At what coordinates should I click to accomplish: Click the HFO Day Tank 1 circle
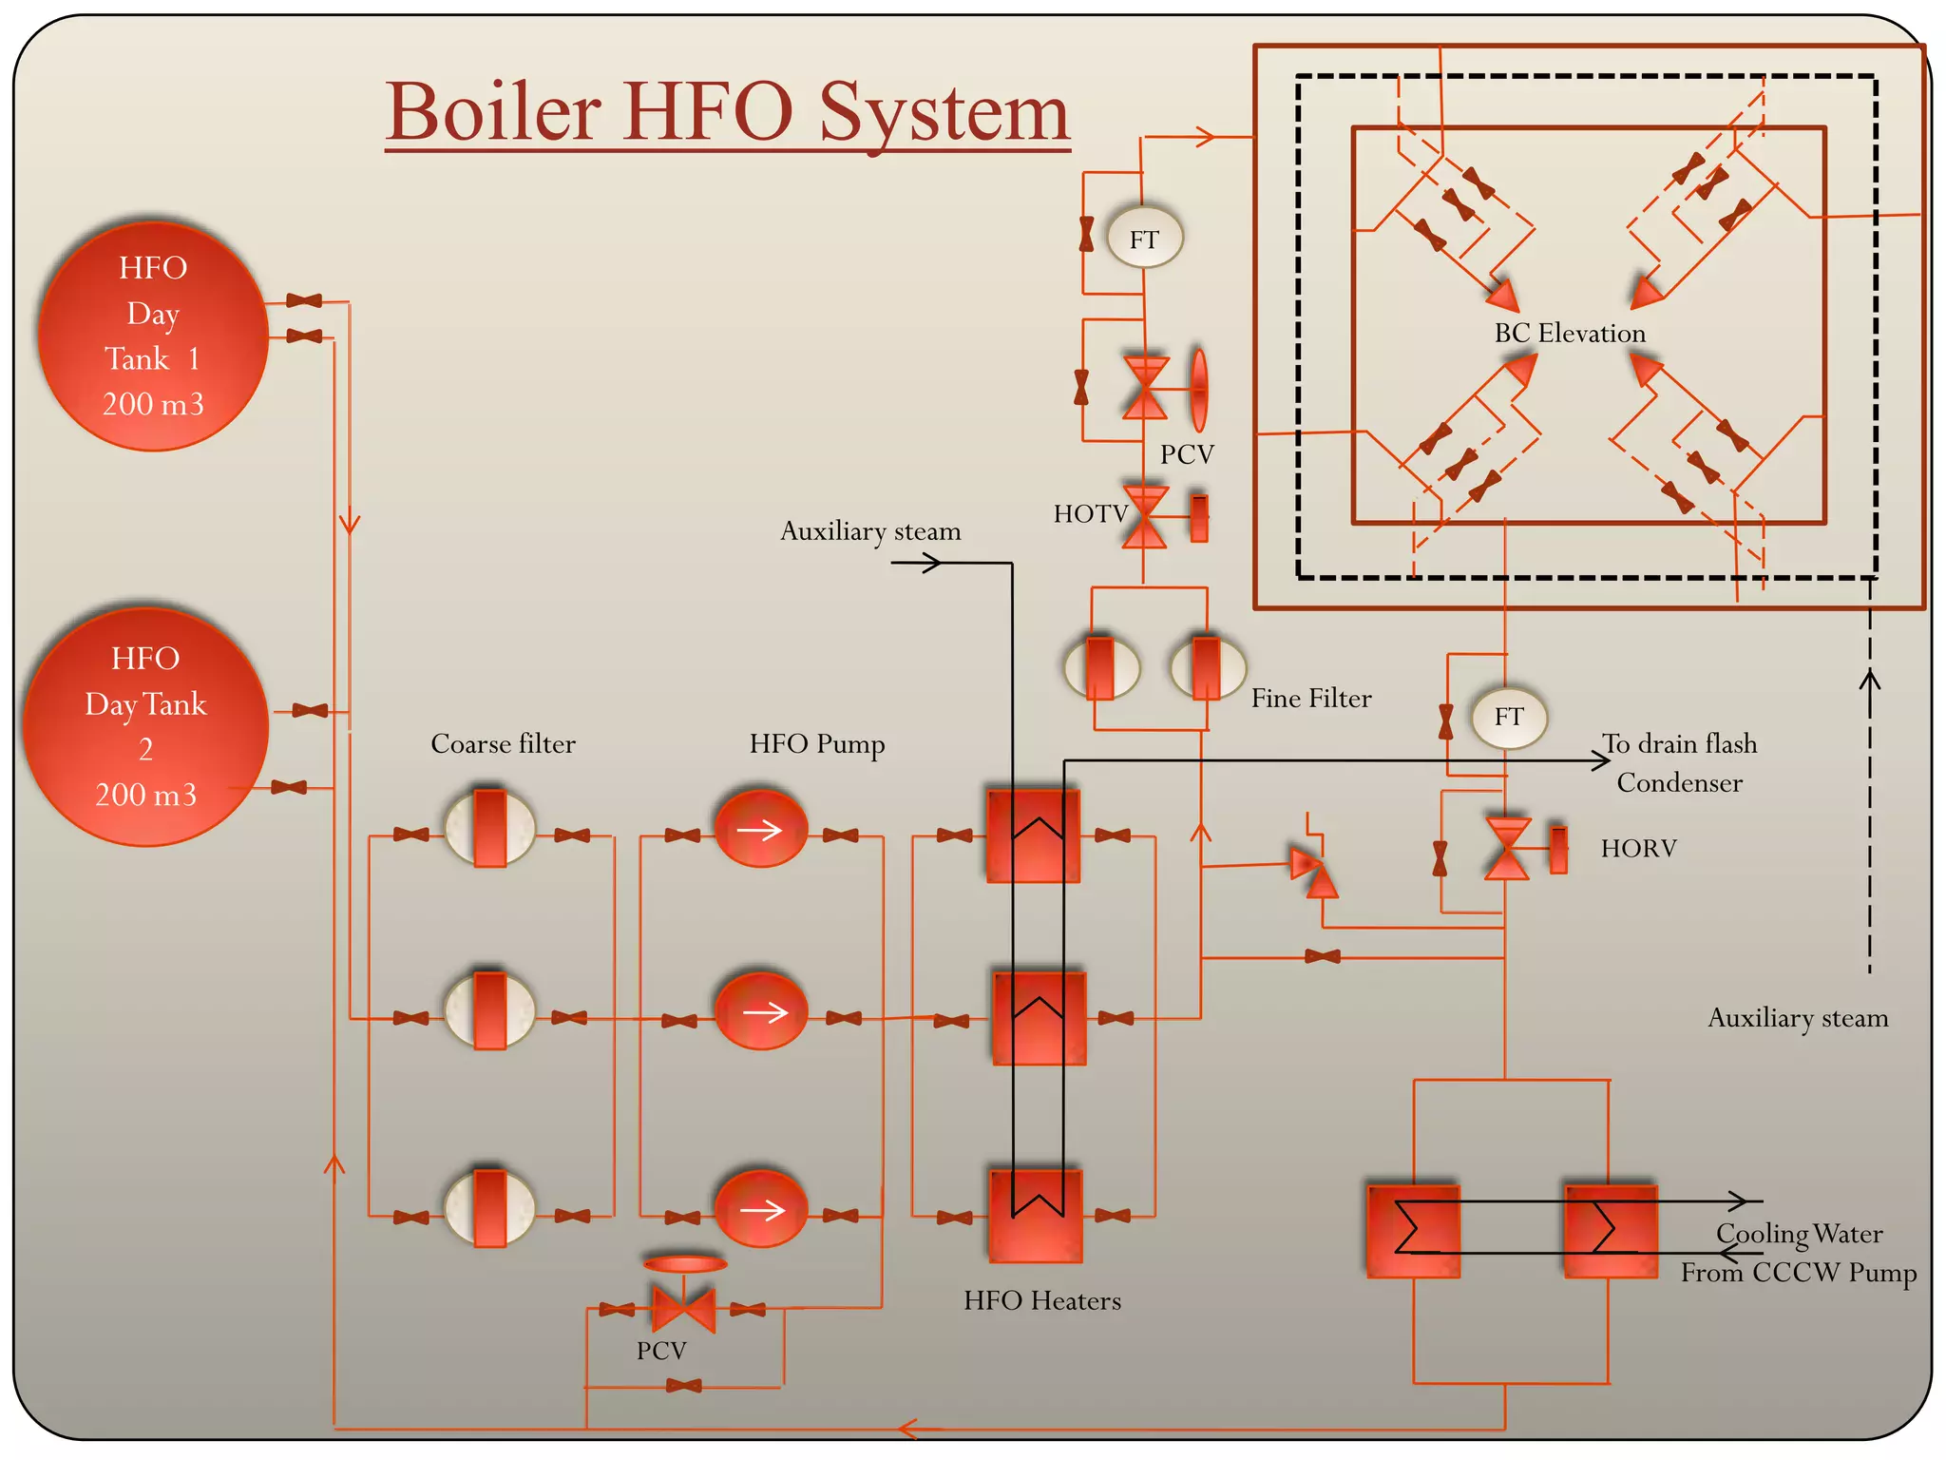153,336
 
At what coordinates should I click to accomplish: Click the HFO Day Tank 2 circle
146,727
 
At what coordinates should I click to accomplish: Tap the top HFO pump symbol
761,829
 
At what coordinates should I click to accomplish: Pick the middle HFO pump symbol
761,1011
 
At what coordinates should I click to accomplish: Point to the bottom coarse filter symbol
489,1207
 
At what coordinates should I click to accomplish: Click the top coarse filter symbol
489,828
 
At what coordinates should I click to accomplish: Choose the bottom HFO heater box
1036,1216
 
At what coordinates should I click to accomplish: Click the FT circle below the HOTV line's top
1145,239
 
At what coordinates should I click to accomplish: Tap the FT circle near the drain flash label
1509,718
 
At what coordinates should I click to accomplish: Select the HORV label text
1638,848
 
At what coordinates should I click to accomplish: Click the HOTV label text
1090,514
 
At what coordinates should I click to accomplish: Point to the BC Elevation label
1570,334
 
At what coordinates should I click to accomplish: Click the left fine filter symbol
1101,668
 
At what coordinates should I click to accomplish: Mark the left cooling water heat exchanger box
1413,1231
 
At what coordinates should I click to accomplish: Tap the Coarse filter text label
503,743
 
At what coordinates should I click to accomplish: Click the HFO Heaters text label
1042,1300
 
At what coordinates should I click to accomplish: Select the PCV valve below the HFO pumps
683,1308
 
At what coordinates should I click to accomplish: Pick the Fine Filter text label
1311,699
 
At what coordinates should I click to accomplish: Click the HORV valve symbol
1508,848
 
